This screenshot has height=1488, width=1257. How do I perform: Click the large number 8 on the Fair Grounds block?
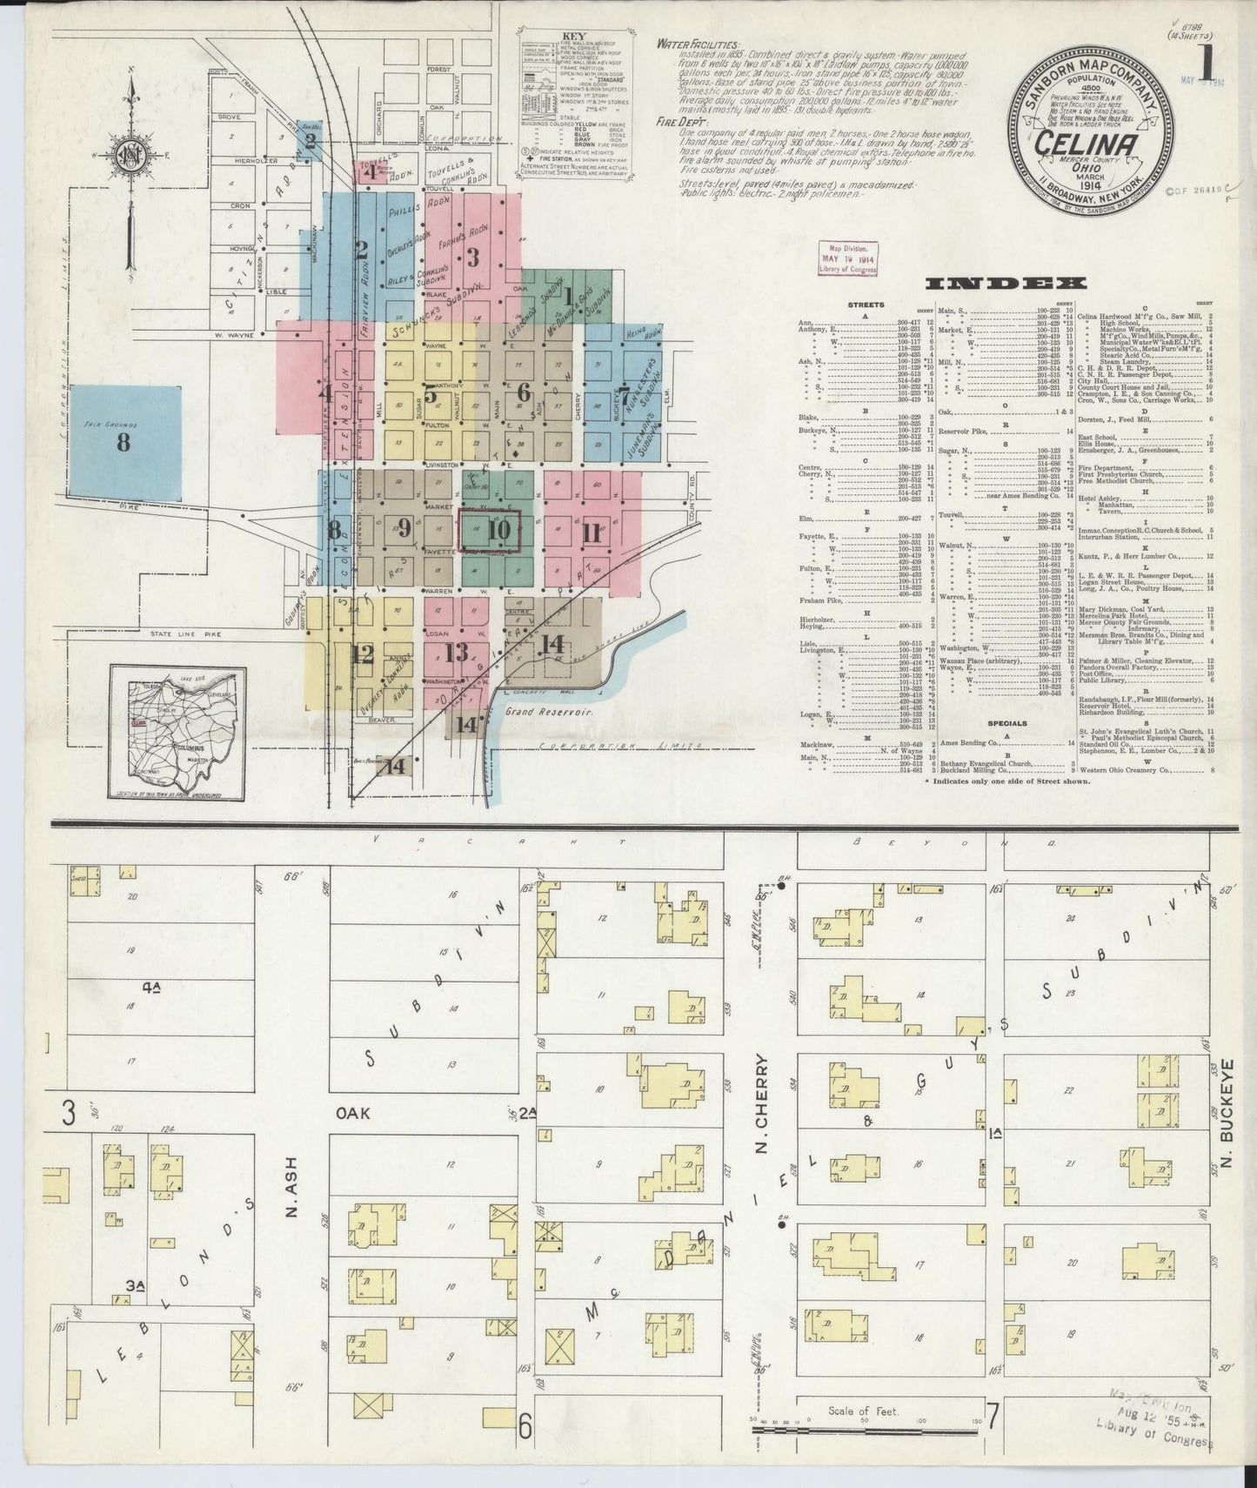[124, 442]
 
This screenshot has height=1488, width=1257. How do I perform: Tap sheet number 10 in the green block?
[498, 529]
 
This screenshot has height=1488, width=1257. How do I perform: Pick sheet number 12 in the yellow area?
[362, 654]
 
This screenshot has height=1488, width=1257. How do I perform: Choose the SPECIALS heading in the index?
[1006, 723]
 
